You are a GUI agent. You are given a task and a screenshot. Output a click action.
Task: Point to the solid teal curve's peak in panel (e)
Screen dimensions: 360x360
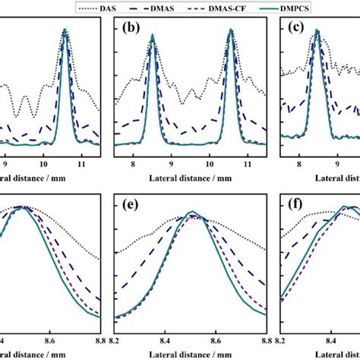click(x=192, y=211)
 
